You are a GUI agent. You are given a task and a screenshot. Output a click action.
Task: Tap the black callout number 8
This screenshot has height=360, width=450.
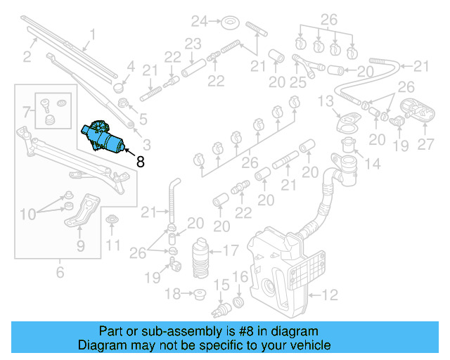tap(141, 161)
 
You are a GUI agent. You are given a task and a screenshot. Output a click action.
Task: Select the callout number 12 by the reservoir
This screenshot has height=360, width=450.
tap(330, 295)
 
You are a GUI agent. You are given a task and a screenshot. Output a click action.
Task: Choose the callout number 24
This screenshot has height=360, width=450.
tap(200, 21)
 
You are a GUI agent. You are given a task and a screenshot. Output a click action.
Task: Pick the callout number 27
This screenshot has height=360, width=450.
tap(426, 146)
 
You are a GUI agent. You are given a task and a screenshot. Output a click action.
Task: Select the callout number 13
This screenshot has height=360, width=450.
tap(324, 102)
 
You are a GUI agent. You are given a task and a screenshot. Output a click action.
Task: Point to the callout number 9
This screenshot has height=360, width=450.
tap(80, 245)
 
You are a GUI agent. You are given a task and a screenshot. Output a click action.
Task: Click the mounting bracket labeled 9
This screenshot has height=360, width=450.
tap(82, 212)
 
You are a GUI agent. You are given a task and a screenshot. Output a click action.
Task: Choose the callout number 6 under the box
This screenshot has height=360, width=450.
tap(59, 272)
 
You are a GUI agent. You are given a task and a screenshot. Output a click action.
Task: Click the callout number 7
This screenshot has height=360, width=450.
tap(27, 111)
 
